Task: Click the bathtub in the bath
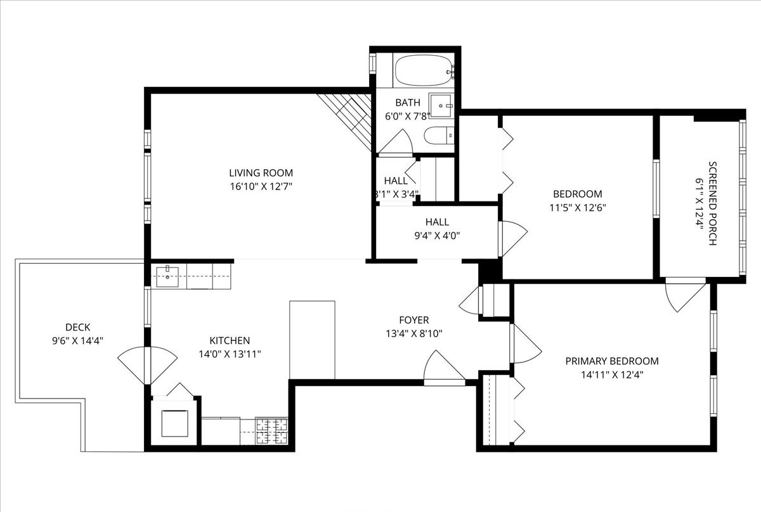pyautogui.click(x=424, y=71)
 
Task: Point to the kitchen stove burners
pyautogui.click(x=271, y=431)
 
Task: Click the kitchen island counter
pyautogui.click(x=312, y=340)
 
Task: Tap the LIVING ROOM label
pyautogui.click(x=261, y=172)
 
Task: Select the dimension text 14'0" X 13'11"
pyautogui.click(x=230, y=354)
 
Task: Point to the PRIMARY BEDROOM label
pyautogui.click(x=611, y=361)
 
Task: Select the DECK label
pyautogui.click(x=77, y=327)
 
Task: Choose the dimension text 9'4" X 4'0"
pyautogui.click(x=437, y=235)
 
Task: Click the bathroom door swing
pyautogui.click(x=398, y=143)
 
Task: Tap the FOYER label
pyautogui.click(x=413, y=320)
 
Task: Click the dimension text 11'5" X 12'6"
pyautogui.click(x=577, y=207)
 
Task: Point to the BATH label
pyautogui.click(x=408, y=102)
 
